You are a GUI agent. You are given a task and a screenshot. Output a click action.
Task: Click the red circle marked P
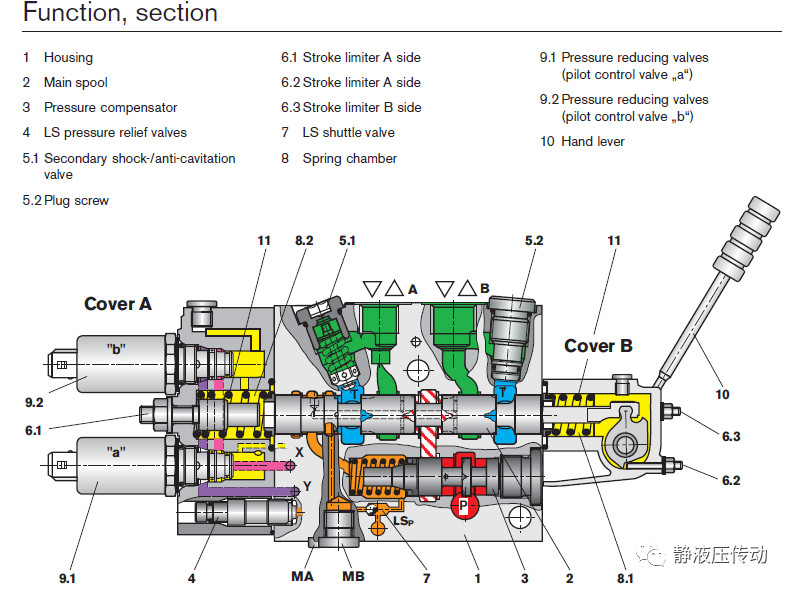coord(462,507)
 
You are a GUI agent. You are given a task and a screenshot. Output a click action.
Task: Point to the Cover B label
coord(598,346)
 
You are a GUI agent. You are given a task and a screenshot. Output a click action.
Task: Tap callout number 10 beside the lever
coord(722,394)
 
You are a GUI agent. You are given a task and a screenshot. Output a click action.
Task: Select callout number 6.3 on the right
coord(732,436)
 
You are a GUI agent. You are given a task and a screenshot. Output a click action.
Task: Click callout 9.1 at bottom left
coord(68,577)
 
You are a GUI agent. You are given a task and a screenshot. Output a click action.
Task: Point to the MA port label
coord(303,577)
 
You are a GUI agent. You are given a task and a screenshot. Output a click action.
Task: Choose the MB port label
coord(354,577)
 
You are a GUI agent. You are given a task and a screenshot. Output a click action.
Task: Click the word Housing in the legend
coord(68,57)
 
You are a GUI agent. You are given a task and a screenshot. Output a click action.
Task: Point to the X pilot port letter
coord(299,452)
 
